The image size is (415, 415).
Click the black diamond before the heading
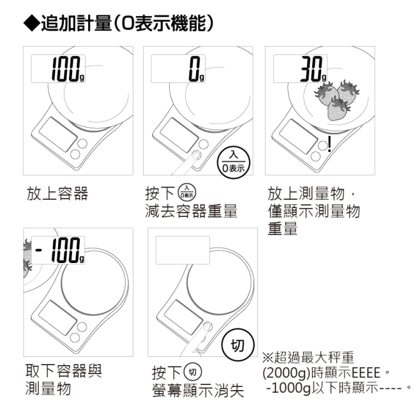(31, 23)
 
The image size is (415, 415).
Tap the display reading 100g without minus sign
(58, 68)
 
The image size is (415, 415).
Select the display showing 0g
(178, 68)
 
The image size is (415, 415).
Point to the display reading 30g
(301, 68)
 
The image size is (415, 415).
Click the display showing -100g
(58, 250)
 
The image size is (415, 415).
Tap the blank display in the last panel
(183, 250)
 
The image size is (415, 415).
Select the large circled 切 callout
(238, 345)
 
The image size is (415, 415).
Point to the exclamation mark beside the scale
(329, 144)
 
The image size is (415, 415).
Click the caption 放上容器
(57, 193)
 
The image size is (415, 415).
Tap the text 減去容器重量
(191, 211)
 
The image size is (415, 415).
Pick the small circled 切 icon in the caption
(193, 372)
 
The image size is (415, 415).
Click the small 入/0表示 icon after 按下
(187, 192)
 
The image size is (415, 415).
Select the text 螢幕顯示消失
(198, 390)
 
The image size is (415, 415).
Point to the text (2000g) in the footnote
(287, 373)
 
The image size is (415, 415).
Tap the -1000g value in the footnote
(289, 388)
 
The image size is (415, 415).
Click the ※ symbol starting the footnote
(268, 357)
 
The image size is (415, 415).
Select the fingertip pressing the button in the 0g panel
(197, 155)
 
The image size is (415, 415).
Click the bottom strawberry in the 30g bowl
(338, 109)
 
